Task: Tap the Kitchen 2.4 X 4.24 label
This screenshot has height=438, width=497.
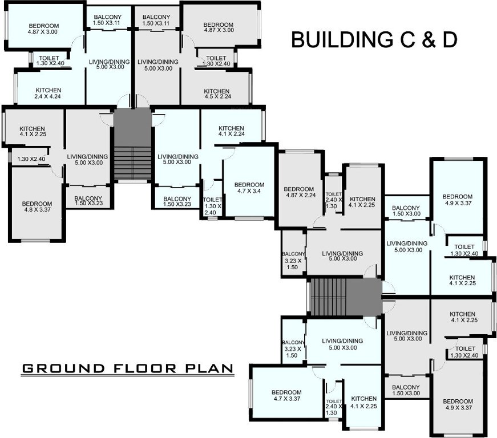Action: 49,94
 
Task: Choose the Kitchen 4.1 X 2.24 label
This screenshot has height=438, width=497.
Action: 231,131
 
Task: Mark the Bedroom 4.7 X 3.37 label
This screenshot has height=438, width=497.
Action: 286,396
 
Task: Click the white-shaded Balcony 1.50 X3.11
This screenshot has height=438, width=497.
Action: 107,20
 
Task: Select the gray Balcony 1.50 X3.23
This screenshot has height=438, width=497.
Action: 88,202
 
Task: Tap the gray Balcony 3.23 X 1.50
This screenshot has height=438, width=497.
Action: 293,260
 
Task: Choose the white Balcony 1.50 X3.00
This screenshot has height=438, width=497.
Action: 406,211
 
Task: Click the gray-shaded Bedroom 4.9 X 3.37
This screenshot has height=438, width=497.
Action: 458,404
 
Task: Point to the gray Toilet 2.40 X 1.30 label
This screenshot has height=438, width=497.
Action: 333,200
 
